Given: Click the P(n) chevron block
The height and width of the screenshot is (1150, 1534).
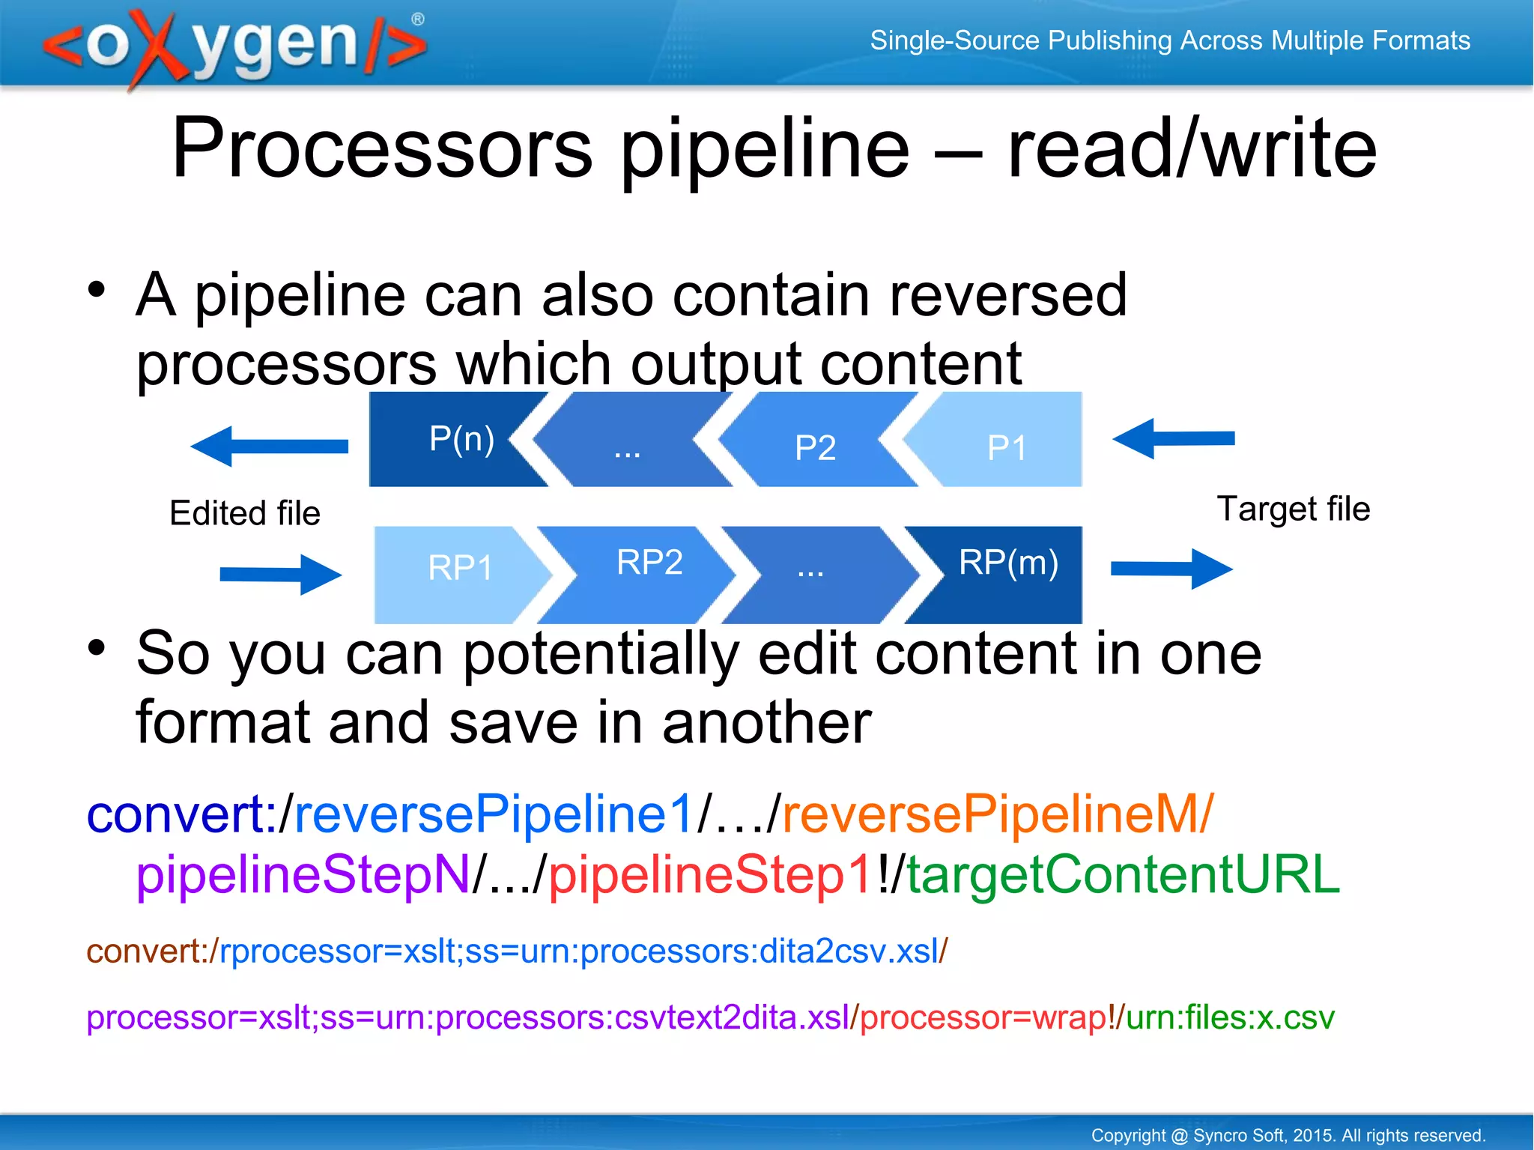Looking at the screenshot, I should (449, 440).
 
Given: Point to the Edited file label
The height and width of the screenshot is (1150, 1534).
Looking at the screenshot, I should (245, 514).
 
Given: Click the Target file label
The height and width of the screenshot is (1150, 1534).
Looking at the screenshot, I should (1293, 509).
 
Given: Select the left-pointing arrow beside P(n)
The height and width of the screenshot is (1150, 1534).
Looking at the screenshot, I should (269, 447).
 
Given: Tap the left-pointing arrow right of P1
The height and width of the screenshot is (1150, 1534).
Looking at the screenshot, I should (1173, 439).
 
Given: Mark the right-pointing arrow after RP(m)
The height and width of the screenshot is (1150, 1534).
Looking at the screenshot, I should (1171, 569).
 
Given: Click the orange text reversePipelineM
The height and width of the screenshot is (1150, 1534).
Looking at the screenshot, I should (997, 814).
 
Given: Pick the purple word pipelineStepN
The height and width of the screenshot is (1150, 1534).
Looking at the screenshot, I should (303, 874).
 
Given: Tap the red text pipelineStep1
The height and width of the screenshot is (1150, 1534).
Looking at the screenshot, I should (710, 874).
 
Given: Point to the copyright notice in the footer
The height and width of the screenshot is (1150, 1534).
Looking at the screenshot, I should (1288, 1135).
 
